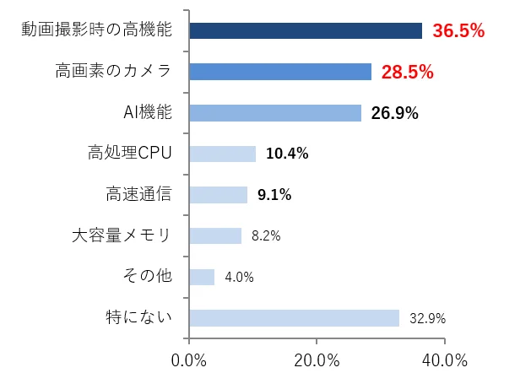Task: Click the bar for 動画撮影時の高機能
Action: tap(306, 31)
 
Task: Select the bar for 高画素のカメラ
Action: tap(280, 72)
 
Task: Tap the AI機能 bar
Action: tap(275, 113)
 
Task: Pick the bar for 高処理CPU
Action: tap(223, 154)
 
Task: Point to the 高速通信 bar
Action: tap(219, 195)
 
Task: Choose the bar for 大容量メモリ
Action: tap(215, 235)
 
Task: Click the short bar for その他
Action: tap(202, 277)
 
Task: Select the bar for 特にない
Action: tap(294, 318)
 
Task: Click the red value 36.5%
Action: tap(458, 31)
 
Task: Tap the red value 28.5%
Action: tap(407, 72)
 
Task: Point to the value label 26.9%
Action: tap(394, 113)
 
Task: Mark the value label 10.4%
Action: tap(287, 154)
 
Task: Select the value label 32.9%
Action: tap(427, 319)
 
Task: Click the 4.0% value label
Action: tap(239, 278)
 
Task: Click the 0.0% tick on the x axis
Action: tap(189, 359)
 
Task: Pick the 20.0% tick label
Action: tap(317, 359)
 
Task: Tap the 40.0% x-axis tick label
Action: tap(444, 359)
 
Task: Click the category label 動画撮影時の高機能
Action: tap(96, 31)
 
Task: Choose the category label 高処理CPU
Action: tap(129, 154)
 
